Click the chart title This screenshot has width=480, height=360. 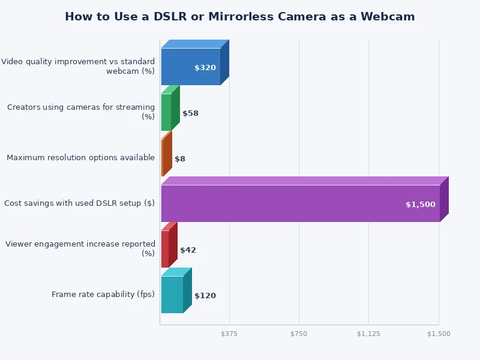(239, 17)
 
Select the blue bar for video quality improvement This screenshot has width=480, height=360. (190, 67)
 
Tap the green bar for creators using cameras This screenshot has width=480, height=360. (166, 112)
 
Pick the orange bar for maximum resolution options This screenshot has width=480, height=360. (163, 158)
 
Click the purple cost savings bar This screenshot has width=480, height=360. (300, 203)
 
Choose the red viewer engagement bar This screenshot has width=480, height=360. (165, 249)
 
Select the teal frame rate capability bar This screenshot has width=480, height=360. (172, 295)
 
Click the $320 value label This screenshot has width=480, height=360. (205, 68)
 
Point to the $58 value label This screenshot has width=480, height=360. (190, 113)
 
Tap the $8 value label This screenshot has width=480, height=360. (180, 159)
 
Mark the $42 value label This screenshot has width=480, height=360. (188, 250)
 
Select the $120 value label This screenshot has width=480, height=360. (205, 296)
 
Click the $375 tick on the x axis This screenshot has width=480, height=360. (229, 334)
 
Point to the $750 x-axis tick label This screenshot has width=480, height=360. (299, 334)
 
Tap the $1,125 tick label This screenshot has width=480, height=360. (368, 334)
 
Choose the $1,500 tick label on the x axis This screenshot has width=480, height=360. (439, 334)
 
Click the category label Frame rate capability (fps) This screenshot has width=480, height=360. (103, 295)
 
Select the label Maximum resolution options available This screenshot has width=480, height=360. (80, 158)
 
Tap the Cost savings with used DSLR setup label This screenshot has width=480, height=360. (79, 203)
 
